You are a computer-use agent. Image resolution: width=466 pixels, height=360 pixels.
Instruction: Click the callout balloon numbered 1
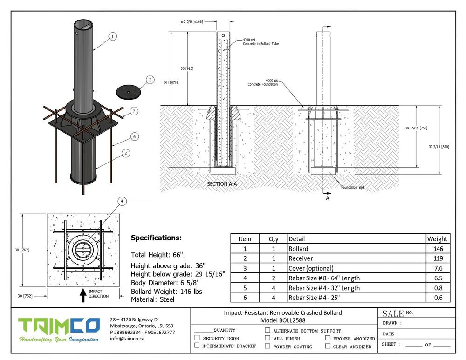pyautogui.click(x=112, y=36)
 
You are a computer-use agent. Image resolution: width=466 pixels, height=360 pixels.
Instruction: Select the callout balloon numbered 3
pyautogui.click(x=149, y=80)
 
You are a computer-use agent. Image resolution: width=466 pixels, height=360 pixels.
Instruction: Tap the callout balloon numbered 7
pyautogui.click(x=134, y=111)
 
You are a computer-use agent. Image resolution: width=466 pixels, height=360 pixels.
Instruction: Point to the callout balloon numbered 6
pyautogui.click(x=134, y=136)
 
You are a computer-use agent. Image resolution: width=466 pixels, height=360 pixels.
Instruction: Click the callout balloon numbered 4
pyautogui.click(x=122, y=201)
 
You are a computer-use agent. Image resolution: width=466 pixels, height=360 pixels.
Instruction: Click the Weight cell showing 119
pyautogui.click(x=438, y=258)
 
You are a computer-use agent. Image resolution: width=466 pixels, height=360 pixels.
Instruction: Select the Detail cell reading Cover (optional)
pyautogui.click(x=311, y=268)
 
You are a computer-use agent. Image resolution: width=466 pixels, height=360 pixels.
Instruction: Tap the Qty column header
pyautogui.click(x=274, y=239)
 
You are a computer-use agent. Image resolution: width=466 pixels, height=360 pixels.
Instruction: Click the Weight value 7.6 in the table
pyautogui.click(x=438, y=268)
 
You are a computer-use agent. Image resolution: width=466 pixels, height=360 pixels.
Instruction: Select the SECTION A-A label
pyautogui.click(x=222, y=184)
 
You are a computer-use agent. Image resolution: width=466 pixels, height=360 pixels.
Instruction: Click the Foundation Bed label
pyautogui.click(x=352, y=187)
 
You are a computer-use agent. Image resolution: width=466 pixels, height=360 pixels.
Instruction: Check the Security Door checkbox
pyautogui.click(x=197, y=338)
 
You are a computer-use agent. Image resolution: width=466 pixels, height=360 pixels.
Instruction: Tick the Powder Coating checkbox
pyautogui.click(x=267, y=346)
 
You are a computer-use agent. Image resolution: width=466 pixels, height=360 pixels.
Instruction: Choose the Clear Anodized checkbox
pyautogui.click(x=328, y=346)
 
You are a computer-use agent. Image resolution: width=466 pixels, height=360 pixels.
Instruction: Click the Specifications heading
pyautogui.click(x=156, y=238)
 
